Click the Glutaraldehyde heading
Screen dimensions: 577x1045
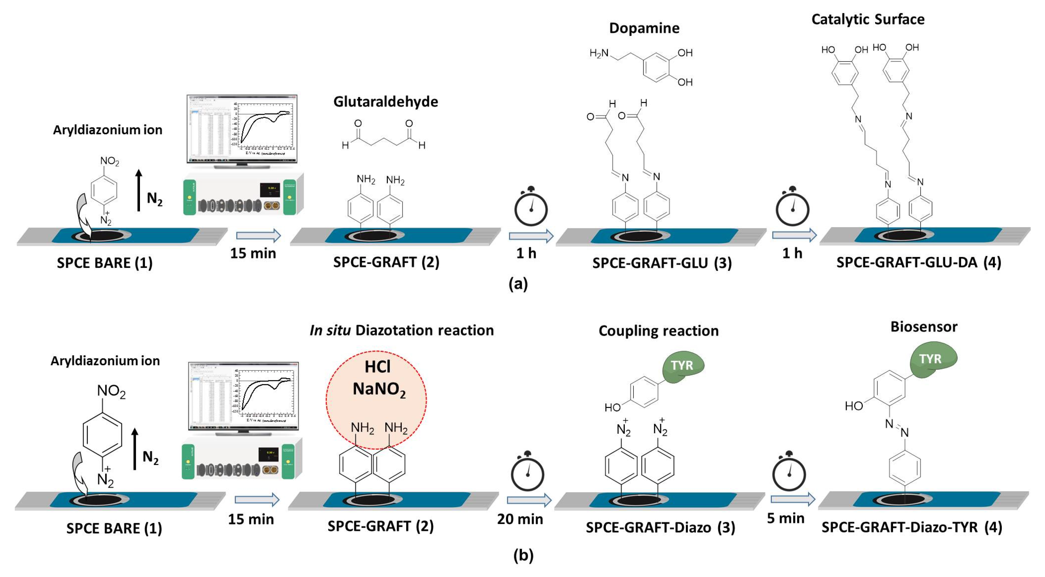click(x=385, y=102)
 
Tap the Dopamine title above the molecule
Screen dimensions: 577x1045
click(x=644, y=28)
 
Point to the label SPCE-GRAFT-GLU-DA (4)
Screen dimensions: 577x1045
click(x=919, y=262)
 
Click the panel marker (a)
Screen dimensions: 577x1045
click(x=518, y=284)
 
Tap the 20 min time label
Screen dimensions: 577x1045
click(x=520, y=519)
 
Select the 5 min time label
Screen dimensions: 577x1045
click(x=785, y=518)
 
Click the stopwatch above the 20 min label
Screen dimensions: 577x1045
click(x=527, y=472)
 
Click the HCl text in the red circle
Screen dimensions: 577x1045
click(x=377, y=367)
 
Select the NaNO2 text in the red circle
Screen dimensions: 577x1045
click(x=379, y=389)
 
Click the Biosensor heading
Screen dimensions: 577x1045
click(x=924, y=327)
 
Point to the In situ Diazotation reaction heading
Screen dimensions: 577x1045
click(x=401, y=331)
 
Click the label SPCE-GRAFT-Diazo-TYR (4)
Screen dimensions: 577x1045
click(x=911, y=527)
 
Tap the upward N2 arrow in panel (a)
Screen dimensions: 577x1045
click(x=139, y=191)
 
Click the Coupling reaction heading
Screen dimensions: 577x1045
click(x=658, y=331)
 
